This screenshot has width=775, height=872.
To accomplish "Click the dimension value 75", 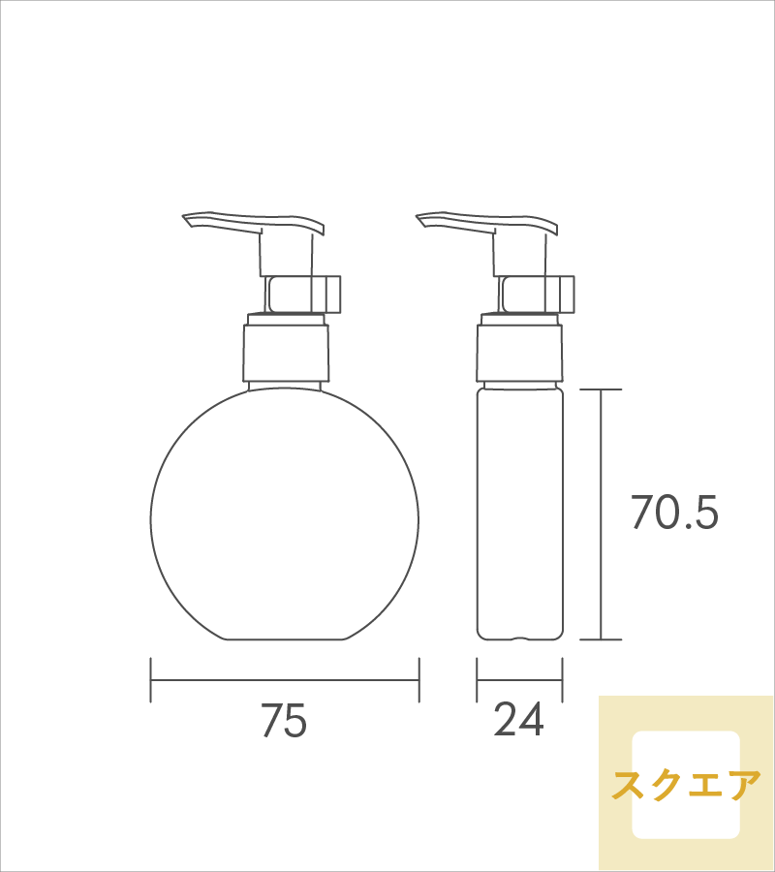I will click(284, 721).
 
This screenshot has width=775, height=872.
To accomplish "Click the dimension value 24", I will click(519, 721).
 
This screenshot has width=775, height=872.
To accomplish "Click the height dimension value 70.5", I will click(674, 513).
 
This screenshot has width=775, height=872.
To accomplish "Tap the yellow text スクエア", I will click(686, 785).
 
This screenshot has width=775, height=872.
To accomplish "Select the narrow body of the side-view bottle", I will click(519, 514).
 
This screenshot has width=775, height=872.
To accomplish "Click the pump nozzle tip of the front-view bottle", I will click(190, 221).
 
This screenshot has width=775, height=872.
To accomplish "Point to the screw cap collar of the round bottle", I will click(285, 353).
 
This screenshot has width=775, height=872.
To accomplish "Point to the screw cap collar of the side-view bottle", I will click(519, 353).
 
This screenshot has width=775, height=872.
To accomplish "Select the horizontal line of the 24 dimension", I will click(519, 681).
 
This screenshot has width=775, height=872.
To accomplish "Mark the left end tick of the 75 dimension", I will click(151, 681).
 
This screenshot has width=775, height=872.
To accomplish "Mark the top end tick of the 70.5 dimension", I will click(602, 389).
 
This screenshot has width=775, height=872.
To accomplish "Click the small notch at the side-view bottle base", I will click(519, 638).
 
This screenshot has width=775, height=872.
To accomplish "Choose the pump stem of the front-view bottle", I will click(286, 254).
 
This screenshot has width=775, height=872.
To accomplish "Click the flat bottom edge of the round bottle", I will click(285, 639).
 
